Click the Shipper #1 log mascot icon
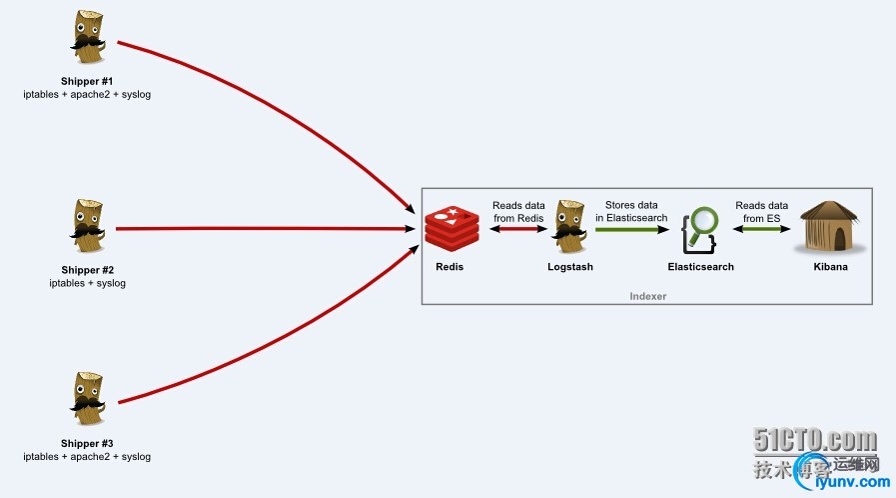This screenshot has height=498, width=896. click(x=88, y=41)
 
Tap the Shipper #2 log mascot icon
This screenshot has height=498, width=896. click(x=88, y=229)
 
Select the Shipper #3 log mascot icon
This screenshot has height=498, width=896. click(x=88, y=403)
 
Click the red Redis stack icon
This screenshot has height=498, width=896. click(x=449, y=229)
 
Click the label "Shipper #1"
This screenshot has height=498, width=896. click(x=88, y=81)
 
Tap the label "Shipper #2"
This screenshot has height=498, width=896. click(x=88, y=270)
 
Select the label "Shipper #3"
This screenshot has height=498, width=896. click(x=88, y=443)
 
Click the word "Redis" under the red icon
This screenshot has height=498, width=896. click(x=449, y=267)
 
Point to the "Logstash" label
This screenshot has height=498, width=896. click(x=571, y=267)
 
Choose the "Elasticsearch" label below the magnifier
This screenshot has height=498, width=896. click(x=701, y=267)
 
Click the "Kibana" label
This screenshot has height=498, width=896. click(x=829, y=267)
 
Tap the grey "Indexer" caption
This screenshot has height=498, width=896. click(x=648, y=296)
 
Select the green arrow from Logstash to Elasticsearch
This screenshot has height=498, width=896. click(x=633, y=230)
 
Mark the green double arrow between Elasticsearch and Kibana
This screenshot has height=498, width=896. click(x=764, y=230)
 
